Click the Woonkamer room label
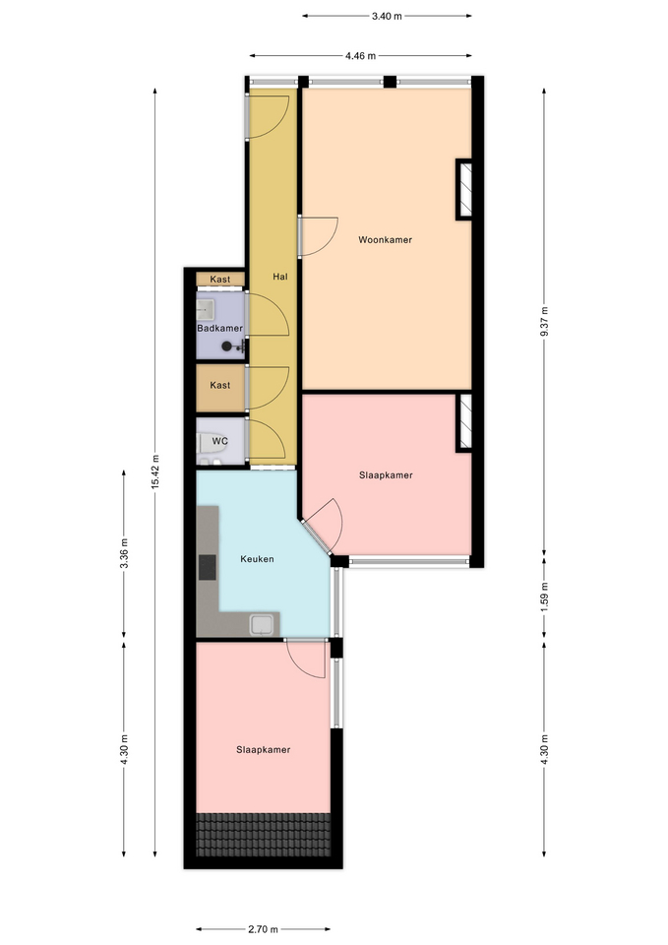point(385,240)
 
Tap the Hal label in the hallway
point(280,277)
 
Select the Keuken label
point(257,559)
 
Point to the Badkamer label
point(219,329)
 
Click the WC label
point(219,441)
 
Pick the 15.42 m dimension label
point(154,472)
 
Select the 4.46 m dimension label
point(360,56)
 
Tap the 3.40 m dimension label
point(387,17)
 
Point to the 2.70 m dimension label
point(264,929)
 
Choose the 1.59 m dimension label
point(544,597)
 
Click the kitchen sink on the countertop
point(262,624)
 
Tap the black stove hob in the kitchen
point(208,567)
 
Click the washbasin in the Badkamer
point(205,311)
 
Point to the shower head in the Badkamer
point(226,346)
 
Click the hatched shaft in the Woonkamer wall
point(463,189)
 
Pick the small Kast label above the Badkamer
point(219,280)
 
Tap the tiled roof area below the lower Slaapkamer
point(264,835)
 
